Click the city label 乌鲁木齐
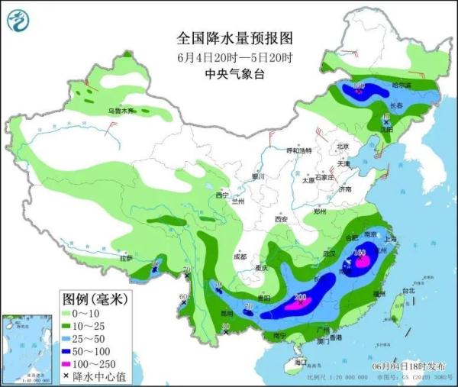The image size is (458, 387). (121, 111)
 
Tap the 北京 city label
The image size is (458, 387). (343, 147)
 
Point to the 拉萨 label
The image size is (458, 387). (126, 258)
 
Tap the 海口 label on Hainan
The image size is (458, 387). (301, 363)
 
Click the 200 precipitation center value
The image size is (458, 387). (301, 297)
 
